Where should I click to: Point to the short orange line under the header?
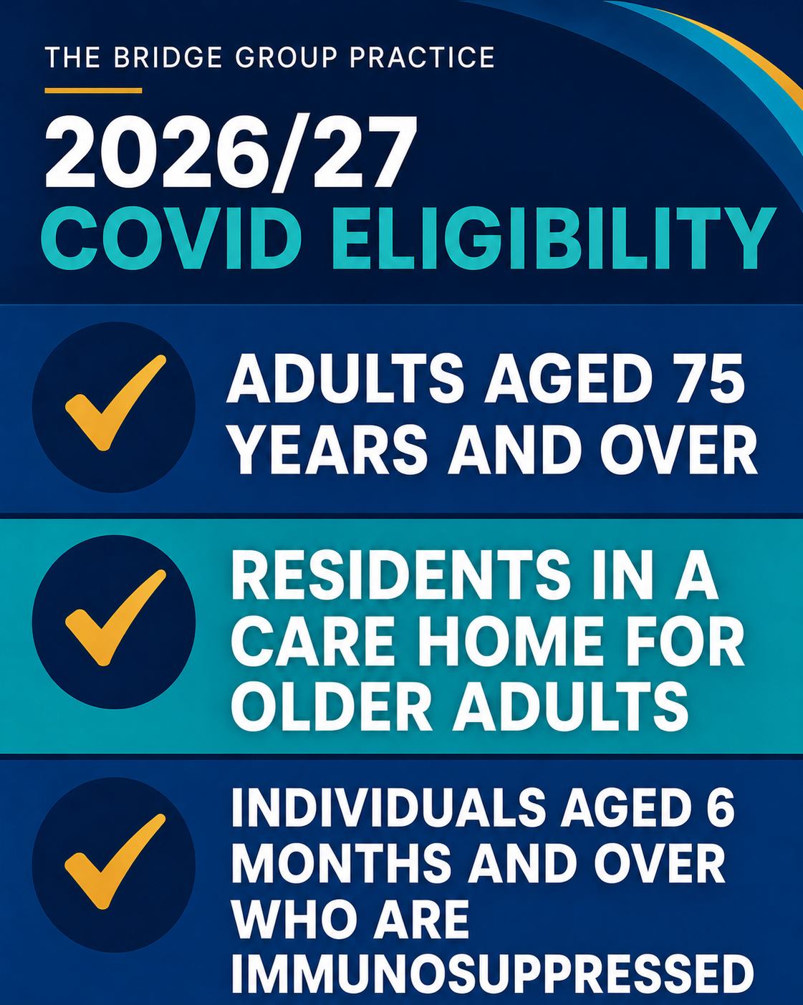[93, 90]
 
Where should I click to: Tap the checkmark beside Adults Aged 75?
[115, 403]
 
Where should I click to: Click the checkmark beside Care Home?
[115, 617]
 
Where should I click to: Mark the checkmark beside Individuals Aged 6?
[115, 861]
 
